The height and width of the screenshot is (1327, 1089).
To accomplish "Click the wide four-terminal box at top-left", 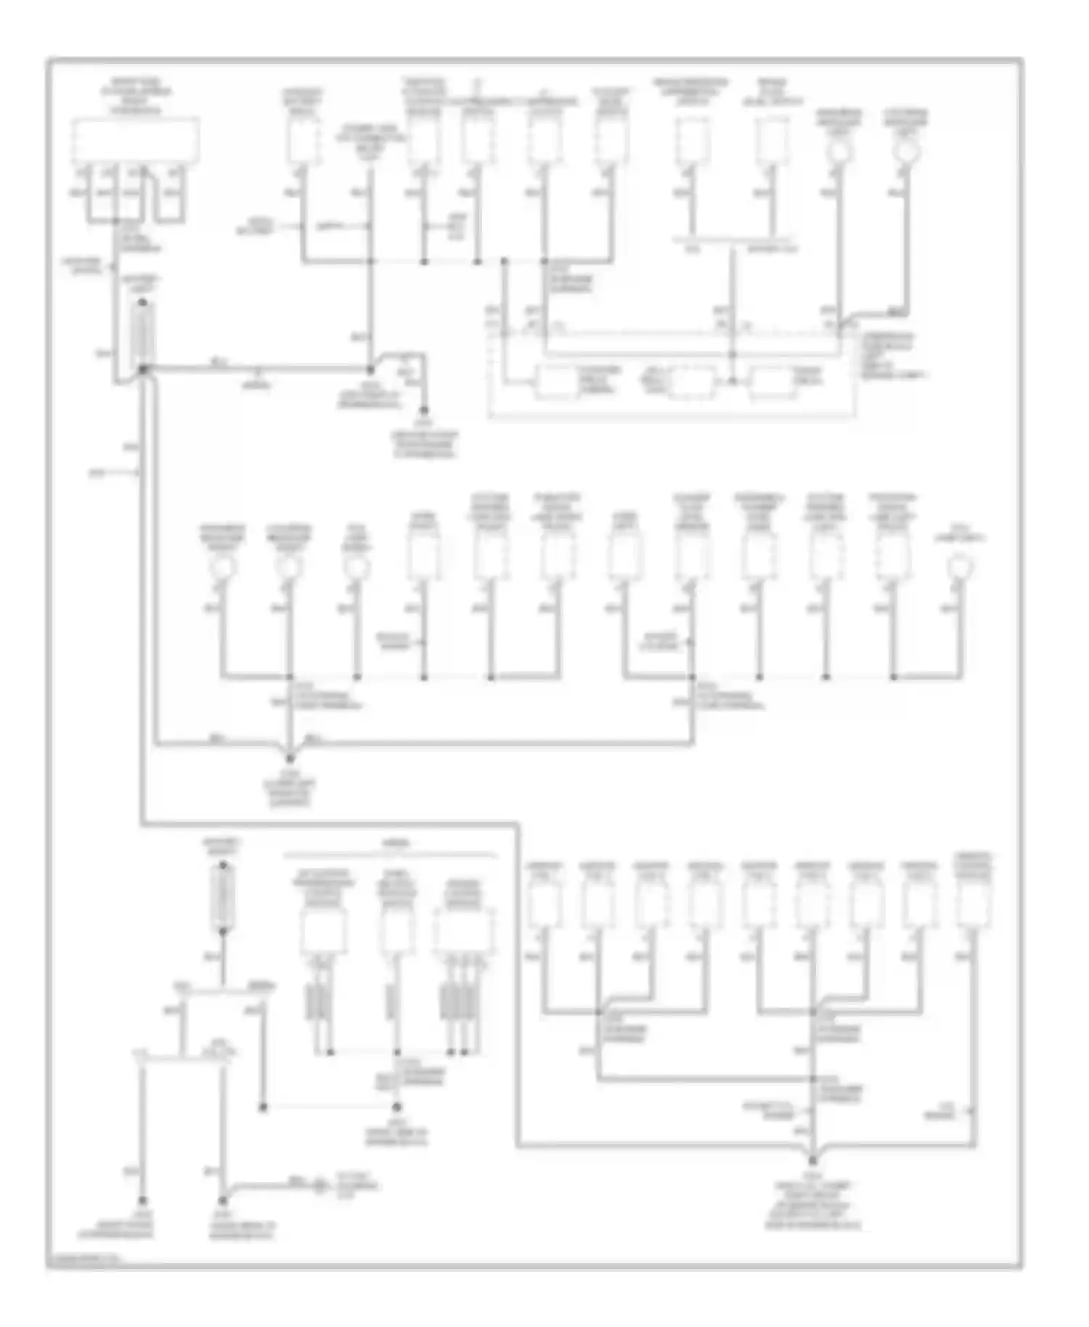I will coord(135,140).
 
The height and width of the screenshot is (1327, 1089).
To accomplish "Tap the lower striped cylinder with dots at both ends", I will coord(222,898).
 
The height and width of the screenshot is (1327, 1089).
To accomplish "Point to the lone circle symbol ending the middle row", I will coord(961,564).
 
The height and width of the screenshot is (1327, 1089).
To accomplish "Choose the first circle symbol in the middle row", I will coord(222,566).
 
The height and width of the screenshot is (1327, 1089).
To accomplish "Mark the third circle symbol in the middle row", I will coord(356,566).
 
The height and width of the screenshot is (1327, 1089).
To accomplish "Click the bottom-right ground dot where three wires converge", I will coord(813,1160).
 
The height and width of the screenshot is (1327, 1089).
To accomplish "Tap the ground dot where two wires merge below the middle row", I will coord(290,759).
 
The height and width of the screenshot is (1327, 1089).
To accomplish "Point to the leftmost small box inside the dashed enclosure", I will coord(555,383).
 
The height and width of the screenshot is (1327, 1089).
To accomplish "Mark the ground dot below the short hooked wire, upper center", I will coord(424,411).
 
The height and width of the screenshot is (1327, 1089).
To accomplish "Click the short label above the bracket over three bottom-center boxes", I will coord(394,844).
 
